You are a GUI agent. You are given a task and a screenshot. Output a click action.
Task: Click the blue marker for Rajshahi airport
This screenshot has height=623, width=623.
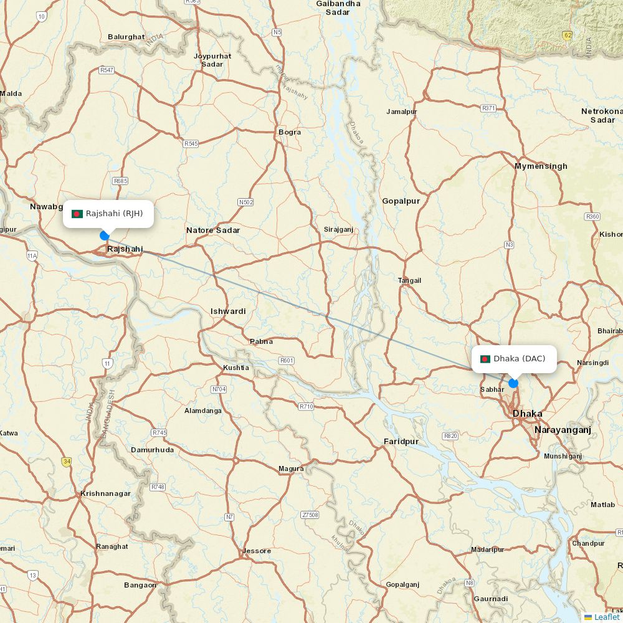click(x=105, y=235)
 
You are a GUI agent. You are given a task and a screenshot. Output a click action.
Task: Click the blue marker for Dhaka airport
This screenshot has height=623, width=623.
click(x=513, y=383)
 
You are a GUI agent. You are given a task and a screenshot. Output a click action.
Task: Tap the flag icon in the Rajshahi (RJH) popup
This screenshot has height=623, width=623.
click(x=77, y=214)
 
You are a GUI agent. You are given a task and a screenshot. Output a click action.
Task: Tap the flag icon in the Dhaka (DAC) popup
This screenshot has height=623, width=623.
click(x=485, y=359)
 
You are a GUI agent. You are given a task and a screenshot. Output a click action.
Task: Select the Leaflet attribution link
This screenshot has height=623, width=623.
click(x=606, y=617)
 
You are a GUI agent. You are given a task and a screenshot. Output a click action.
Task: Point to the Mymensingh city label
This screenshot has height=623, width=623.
click(x=541, y=166)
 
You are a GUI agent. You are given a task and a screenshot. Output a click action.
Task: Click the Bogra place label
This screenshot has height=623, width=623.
click(x=290, y=132)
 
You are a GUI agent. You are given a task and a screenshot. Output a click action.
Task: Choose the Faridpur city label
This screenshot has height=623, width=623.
click(x=401, y=441)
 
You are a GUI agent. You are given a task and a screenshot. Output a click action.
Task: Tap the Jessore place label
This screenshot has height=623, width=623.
click(x=257, y=551)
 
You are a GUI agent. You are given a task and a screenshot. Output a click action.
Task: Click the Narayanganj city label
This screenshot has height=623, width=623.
click(x=562, y=430)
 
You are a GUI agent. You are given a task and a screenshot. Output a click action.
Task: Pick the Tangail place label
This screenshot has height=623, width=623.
click(x=409, y=280)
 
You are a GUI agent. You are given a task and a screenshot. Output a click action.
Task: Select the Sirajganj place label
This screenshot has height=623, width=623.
click(x=338, y=229)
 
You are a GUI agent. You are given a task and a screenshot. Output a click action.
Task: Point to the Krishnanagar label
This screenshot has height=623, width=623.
click(x=105, y=493)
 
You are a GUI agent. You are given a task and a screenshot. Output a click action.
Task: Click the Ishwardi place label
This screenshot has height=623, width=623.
click(x=228, y=311)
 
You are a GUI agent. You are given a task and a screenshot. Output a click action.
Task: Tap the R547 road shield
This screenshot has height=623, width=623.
click(x=107, y=70)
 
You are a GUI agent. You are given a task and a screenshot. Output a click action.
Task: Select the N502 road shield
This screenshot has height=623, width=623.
click(x=246, y=202)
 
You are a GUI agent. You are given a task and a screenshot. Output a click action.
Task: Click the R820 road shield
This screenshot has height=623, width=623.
click(x=450, y=435)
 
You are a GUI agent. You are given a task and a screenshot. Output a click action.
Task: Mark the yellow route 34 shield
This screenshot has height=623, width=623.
click(x=66, y=462)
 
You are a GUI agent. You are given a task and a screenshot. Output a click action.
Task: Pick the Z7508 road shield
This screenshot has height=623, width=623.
click(x=310, y=515)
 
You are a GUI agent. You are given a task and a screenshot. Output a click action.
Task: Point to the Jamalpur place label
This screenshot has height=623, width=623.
click(x=402, y=112)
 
